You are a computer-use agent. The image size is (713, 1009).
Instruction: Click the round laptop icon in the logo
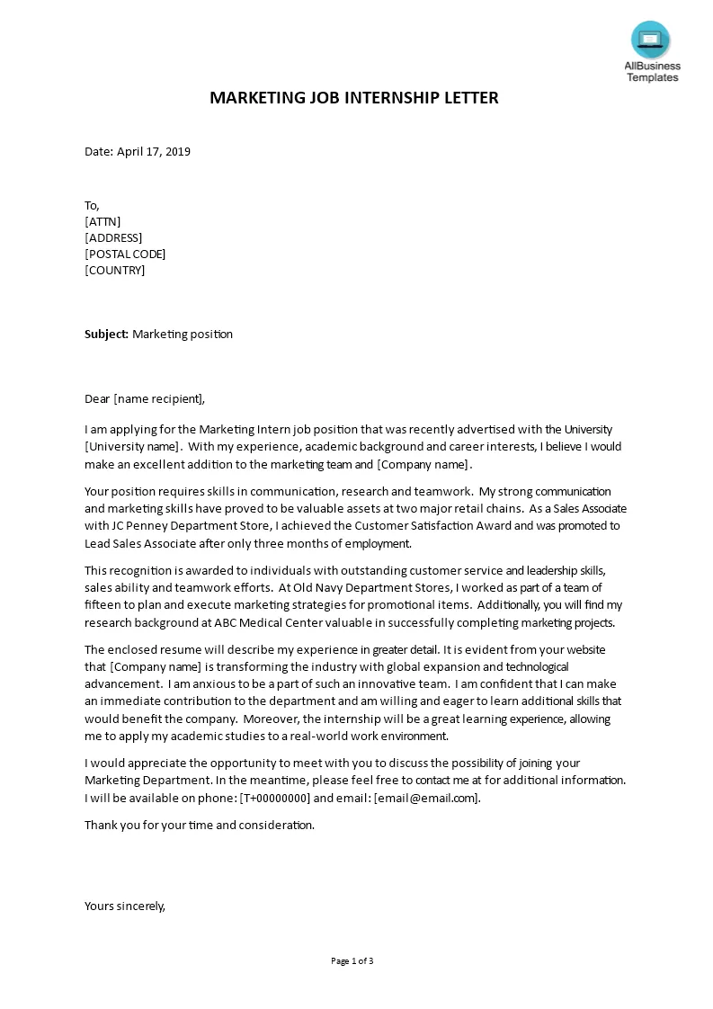652,38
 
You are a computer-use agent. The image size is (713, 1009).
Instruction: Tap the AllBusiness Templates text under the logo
653,72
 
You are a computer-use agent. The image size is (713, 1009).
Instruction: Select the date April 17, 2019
154,151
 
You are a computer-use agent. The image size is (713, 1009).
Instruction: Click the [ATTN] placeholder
102,221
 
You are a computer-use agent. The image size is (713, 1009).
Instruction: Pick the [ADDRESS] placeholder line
113,237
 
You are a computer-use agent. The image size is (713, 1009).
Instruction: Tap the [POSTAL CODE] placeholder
125,254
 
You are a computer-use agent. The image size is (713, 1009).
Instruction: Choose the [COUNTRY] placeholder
114,270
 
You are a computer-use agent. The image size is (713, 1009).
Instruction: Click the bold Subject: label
107,334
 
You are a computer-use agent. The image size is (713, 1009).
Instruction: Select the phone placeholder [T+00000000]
275,798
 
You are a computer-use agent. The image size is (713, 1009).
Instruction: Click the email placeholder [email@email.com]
426,798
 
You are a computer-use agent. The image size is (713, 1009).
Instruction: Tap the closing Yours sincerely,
125,906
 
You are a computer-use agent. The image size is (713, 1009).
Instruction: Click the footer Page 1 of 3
352,960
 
